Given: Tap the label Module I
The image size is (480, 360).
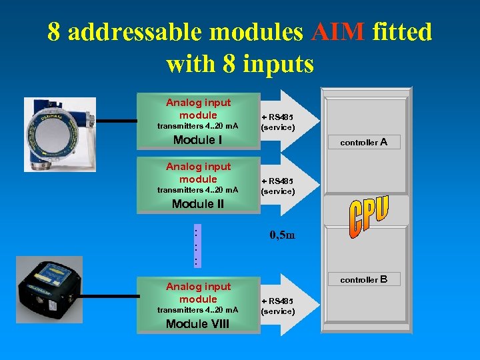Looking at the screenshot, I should click(x=197, y=140).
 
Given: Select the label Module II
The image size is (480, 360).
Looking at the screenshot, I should click(x=197, y=204).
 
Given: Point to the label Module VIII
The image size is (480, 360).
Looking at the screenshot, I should click(x=197, y=323).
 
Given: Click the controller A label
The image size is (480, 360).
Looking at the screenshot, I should click(x=363, y=142).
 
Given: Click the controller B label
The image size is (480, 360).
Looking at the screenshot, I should click(x=363, y=279).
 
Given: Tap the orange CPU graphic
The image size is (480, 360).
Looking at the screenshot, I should click(x=368, y=216).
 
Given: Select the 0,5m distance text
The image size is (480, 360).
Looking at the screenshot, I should click(x=282, y=235).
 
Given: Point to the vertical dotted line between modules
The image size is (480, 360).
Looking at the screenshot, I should click(x=195, y=247).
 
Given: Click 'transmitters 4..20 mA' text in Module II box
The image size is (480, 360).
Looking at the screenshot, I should click(x=197, y=190).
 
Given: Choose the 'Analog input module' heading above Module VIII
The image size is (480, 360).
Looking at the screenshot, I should click(x=198, y=293).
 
